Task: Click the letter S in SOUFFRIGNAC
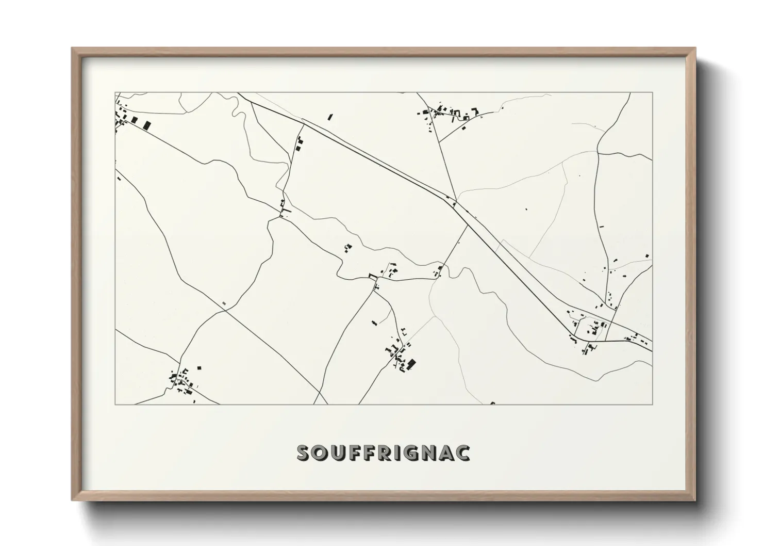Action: tap(305, 453)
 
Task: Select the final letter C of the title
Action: tap(462, 453)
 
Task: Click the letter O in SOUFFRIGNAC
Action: tap(321, 453)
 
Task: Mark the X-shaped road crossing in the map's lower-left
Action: tap(225, 310)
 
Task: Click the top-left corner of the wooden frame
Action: tap(72, 49)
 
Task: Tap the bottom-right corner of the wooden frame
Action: tap(695, 500)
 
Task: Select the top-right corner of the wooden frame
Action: tap(695, 49)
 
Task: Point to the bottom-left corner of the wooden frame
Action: tap(72, 500)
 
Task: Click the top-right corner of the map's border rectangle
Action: tap(653, 92)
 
